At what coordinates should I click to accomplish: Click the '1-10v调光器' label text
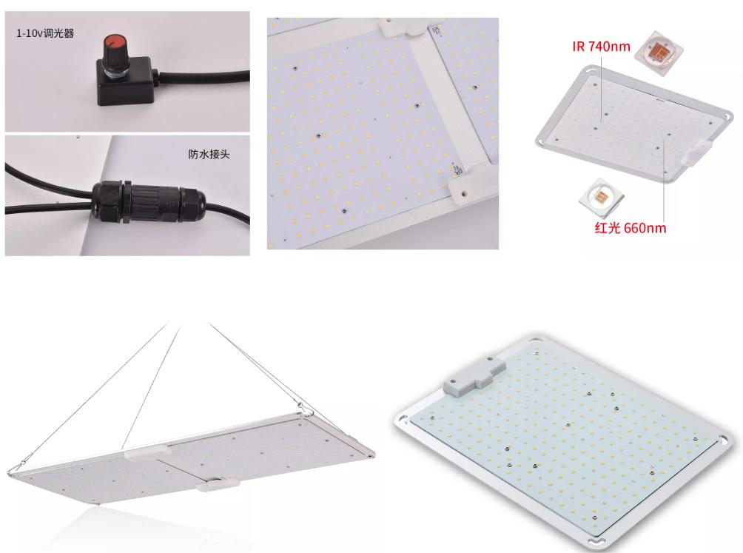[45, 33]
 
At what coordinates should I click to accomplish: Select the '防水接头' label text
[209, 154]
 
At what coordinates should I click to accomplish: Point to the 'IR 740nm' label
[602, 47]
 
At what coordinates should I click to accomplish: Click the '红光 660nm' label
[631, 228]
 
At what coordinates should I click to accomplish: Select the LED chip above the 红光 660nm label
[601, 197]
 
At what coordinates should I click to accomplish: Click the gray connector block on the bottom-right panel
[474, 375]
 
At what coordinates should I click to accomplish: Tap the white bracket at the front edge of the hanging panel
[218, 484]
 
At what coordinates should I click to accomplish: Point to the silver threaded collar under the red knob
[114, 72]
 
